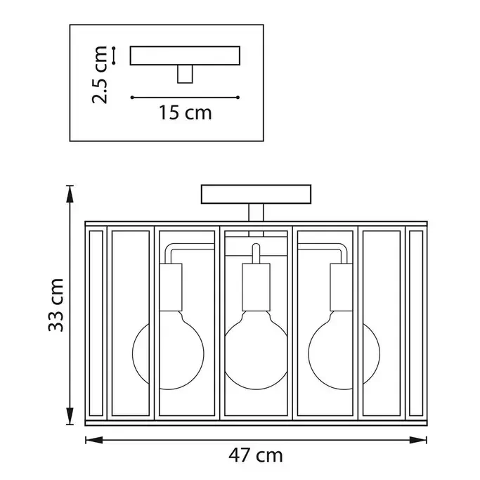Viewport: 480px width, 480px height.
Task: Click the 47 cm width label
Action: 256,455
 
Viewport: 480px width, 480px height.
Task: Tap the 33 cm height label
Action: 56,305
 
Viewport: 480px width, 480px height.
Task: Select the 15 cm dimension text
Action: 186,112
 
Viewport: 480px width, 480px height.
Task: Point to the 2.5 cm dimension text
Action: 100,75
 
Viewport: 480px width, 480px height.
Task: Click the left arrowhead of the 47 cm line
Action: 94,440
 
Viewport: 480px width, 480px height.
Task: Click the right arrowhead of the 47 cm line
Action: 418,440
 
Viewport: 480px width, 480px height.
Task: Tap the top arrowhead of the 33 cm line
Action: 70,194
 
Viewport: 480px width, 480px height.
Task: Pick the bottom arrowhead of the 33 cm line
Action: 70,416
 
